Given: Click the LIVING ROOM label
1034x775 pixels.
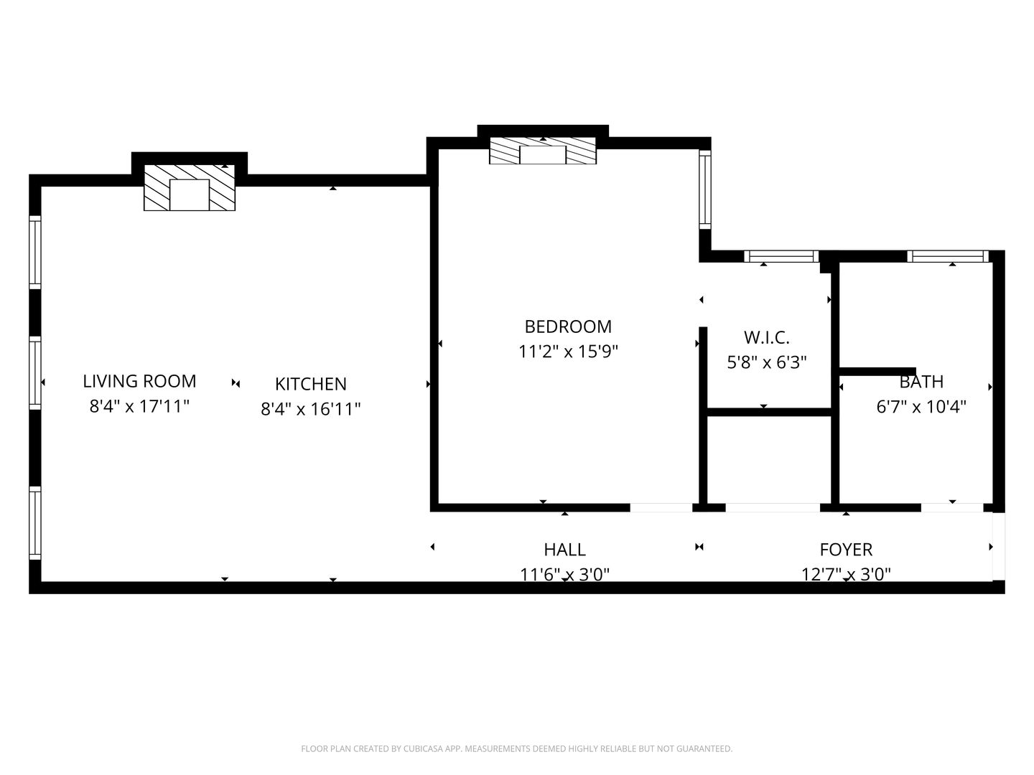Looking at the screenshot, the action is [139, 381].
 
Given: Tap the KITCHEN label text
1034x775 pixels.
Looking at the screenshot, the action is [310, 384].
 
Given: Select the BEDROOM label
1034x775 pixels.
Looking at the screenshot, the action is [568, 327].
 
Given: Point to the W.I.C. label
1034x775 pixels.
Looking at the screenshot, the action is [767, 337].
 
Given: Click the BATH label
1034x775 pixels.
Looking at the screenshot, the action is [921, 382].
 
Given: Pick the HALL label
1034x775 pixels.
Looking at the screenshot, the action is [565, 550].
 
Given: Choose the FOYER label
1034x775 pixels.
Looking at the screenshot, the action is [846, 550].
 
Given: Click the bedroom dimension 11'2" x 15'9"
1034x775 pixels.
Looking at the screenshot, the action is [568, 352].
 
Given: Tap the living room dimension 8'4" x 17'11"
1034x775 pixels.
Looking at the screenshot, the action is [139, 406].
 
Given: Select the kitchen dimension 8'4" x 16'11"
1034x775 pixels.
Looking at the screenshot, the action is [310, 409].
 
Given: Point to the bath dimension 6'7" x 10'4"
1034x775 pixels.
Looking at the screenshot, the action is [921, 407].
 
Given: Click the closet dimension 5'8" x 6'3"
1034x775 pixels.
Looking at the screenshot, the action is [767, 362].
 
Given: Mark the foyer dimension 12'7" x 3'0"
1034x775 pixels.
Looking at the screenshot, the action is [846, 575].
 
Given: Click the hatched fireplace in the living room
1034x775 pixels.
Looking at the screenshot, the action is [190, 187].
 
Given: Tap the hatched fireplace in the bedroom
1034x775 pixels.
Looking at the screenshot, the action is [543, 151].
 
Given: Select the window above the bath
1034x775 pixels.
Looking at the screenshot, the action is [947, 256].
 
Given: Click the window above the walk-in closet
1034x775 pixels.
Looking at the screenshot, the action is [782, 256].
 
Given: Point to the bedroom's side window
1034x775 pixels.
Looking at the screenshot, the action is [704, 189].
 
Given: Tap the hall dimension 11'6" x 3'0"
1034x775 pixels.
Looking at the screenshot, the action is [565, 575].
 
